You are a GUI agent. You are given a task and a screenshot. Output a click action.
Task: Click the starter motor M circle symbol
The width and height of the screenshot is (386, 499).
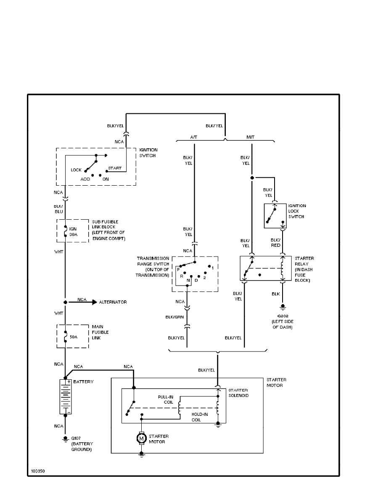[141, 439]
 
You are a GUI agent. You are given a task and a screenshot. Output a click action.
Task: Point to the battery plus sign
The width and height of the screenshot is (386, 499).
[68, 382]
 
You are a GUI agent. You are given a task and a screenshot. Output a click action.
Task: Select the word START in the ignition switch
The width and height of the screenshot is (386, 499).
[115, 168]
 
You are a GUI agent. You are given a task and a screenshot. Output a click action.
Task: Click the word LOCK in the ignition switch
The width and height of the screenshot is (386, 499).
[76, 170]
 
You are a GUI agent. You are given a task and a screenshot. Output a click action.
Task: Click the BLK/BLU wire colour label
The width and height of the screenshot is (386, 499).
[58, 209]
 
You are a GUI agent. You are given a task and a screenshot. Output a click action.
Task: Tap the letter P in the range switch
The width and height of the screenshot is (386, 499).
[178, 269]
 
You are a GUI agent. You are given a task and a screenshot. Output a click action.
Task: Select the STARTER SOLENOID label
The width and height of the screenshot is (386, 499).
[238, 393]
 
